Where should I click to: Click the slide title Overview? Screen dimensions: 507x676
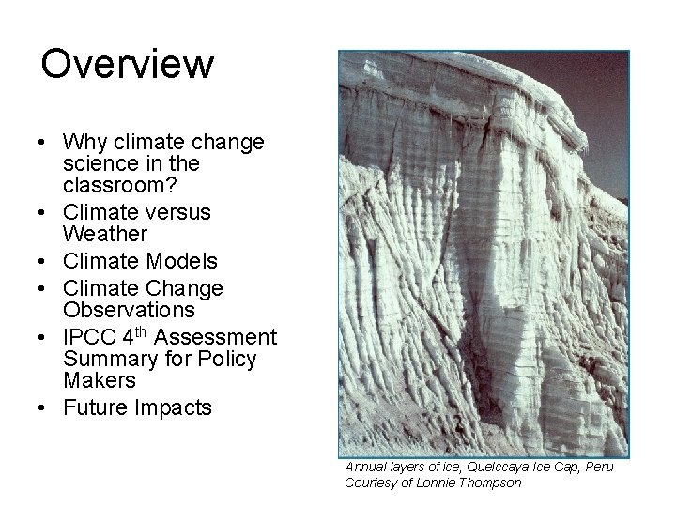click(x=128, y=65)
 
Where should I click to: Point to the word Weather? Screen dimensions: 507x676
click(x=104, y=232)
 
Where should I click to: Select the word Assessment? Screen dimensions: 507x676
click(x=226, y=337)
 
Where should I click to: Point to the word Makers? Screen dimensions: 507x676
click(x=99, y=380)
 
